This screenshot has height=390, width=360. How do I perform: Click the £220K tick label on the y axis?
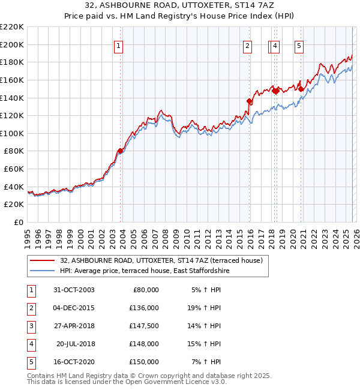point(12,27)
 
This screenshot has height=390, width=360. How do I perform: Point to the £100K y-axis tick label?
point(12,133)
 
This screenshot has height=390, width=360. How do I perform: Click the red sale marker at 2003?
point(121,151)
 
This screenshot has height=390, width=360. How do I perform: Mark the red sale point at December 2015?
point(249,101)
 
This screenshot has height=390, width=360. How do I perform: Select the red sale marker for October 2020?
point(300,88)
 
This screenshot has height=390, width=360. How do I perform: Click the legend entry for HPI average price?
point(145,271)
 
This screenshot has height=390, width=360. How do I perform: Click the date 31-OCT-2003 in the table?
point(73,290)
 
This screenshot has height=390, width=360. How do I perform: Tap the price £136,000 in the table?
point(144,308)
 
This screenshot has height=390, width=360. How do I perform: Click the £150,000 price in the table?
point(144,362)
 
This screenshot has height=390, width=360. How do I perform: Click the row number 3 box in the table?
point(30,326)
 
